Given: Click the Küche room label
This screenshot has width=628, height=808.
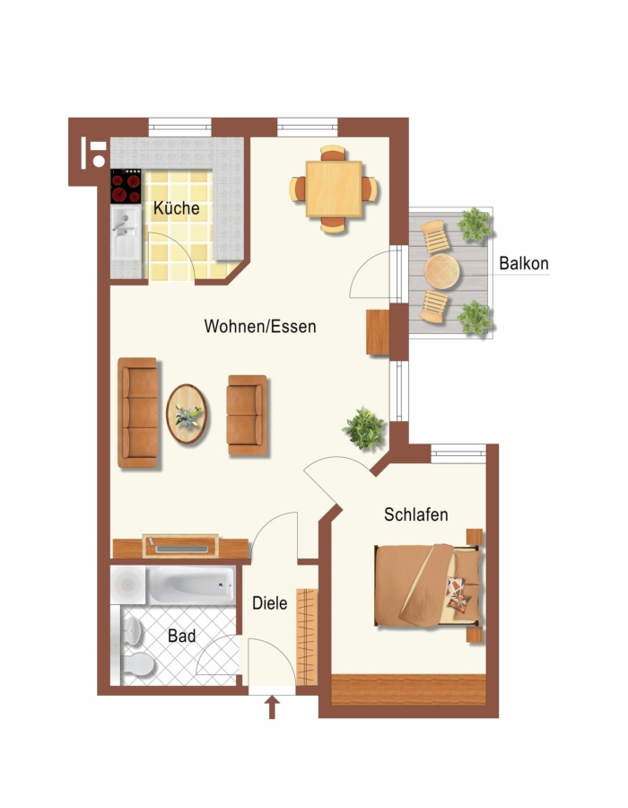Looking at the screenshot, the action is tap(177, 208).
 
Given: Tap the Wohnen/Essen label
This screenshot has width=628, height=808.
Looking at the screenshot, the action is tap(260, 326).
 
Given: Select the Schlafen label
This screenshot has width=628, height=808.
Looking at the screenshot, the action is tap(416, 514).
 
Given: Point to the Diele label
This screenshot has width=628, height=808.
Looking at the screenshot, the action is tap(270, 603).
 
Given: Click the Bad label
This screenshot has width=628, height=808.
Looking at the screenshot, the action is tap(182, 636).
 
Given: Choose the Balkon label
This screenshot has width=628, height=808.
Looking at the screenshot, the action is tap(524, 263).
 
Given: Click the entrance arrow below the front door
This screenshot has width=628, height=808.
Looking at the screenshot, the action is tap(272, 707).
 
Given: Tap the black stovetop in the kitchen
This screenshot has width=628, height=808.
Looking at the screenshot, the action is tap(126, 186).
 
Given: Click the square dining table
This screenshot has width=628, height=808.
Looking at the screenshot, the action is tap(334, 189).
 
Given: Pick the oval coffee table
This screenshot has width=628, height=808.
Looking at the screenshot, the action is tap(187, 414).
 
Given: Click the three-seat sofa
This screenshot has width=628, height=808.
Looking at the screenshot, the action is tap(138, 413).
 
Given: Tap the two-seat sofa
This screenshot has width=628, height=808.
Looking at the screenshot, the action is tap(248, 416).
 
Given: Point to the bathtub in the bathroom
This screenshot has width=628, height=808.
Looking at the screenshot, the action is tap(191, 584).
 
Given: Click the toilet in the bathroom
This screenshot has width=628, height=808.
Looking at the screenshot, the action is tap(138, 663).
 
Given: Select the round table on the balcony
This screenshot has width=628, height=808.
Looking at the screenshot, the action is tap(441, 271).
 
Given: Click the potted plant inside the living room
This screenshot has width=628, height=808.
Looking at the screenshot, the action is tap(364, 427).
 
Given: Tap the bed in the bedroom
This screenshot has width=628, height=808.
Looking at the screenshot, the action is tap(428, 585).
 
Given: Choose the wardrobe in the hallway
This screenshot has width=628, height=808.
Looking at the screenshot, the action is tap(307, 637).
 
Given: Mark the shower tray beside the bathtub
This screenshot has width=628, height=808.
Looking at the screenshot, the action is tap(128, 584).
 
